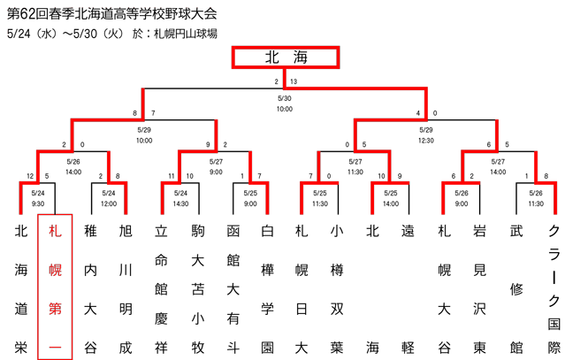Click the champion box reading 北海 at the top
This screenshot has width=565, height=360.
[x=286, y=57]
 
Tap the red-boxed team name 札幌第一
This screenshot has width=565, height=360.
[x=55, y=287]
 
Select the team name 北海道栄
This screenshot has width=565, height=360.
[x=21, y=289]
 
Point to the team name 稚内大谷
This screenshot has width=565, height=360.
[x=90, y=289]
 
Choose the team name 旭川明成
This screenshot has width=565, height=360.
[x=126, y=289]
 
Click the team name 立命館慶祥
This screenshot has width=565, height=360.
[x=161, y=289]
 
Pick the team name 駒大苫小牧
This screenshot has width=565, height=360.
[x=198, y=289]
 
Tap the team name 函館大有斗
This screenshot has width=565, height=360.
[x=233, y=289]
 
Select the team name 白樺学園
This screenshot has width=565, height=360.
[x=267, y=289]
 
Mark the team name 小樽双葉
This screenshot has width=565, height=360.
[x=337, y=289]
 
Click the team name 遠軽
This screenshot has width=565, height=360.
[x=408, y=289]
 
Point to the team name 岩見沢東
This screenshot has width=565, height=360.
[x=479, y=289]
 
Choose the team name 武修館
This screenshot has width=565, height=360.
[x=516, y=289]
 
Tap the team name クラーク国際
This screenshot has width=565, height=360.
[x=554, y=289]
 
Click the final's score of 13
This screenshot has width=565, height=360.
[x=294, y=81]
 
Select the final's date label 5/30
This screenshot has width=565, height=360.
[x=285, y=98]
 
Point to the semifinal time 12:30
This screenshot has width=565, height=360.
[x=426, y=141]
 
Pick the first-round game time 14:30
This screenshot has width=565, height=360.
[x=180, y=204]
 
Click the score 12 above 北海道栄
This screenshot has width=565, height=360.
[x=30, y=176]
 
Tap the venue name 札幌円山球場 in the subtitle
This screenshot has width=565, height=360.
[x=186, y=34]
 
